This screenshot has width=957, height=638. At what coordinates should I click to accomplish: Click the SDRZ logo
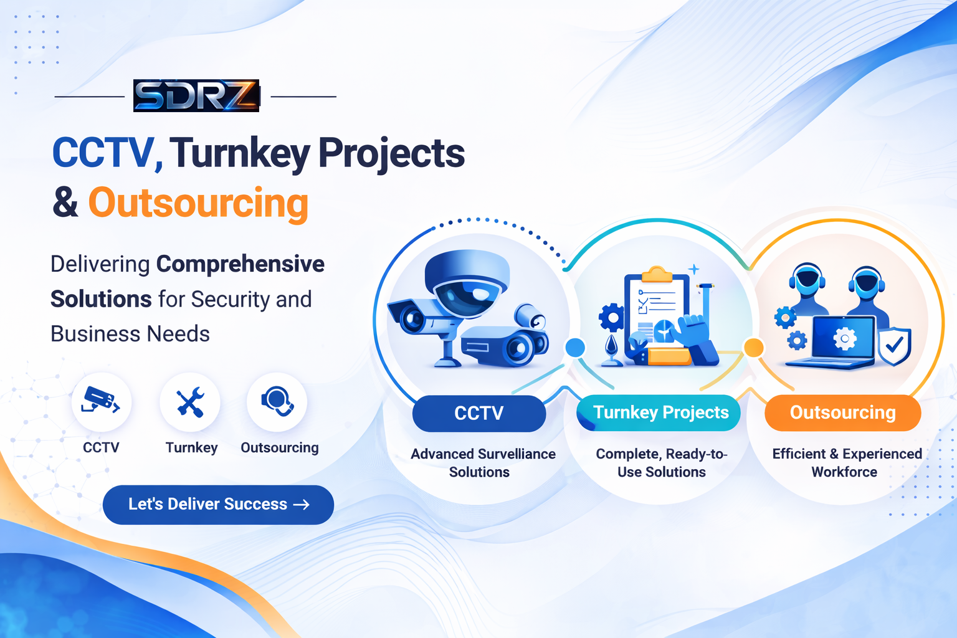tap(196, 96)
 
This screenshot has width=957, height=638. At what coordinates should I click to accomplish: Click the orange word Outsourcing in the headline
tap(198, 203)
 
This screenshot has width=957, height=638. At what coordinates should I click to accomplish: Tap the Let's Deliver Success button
tap(218, 505)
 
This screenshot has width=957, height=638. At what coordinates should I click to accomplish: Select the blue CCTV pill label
tap(478, 413)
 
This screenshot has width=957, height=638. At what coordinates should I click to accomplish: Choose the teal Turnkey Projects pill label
tap(660, 412)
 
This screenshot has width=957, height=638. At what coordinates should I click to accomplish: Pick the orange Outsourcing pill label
tap(842, 412)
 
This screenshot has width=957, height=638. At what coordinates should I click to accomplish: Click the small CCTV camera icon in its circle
tap(102, 402)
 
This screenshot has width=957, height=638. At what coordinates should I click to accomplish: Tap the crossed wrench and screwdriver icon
tap(190, 402)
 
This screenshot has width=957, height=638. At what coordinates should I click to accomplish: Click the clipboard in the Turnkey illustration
tap(657, 305)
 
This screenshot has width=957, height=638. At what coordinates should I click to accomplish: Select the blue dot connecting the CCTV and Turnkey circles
tap(574, 348)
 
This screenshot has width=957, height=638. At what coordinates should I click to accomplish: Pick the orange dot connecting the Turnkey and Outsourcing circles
tap(754, 348)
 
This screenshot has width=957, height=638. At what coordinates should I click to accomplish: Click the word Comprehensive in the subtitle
tap(240, 264)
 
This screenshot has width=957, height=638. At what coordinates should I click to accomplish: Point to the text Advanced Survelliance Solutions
tap(482, 463)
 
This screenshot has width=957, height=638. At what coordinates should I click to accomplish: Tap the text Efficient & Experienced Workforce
tap(846, 463)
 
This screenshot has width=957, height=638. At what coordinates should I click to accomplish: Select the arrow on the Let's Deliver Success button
tap(302, 505)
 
